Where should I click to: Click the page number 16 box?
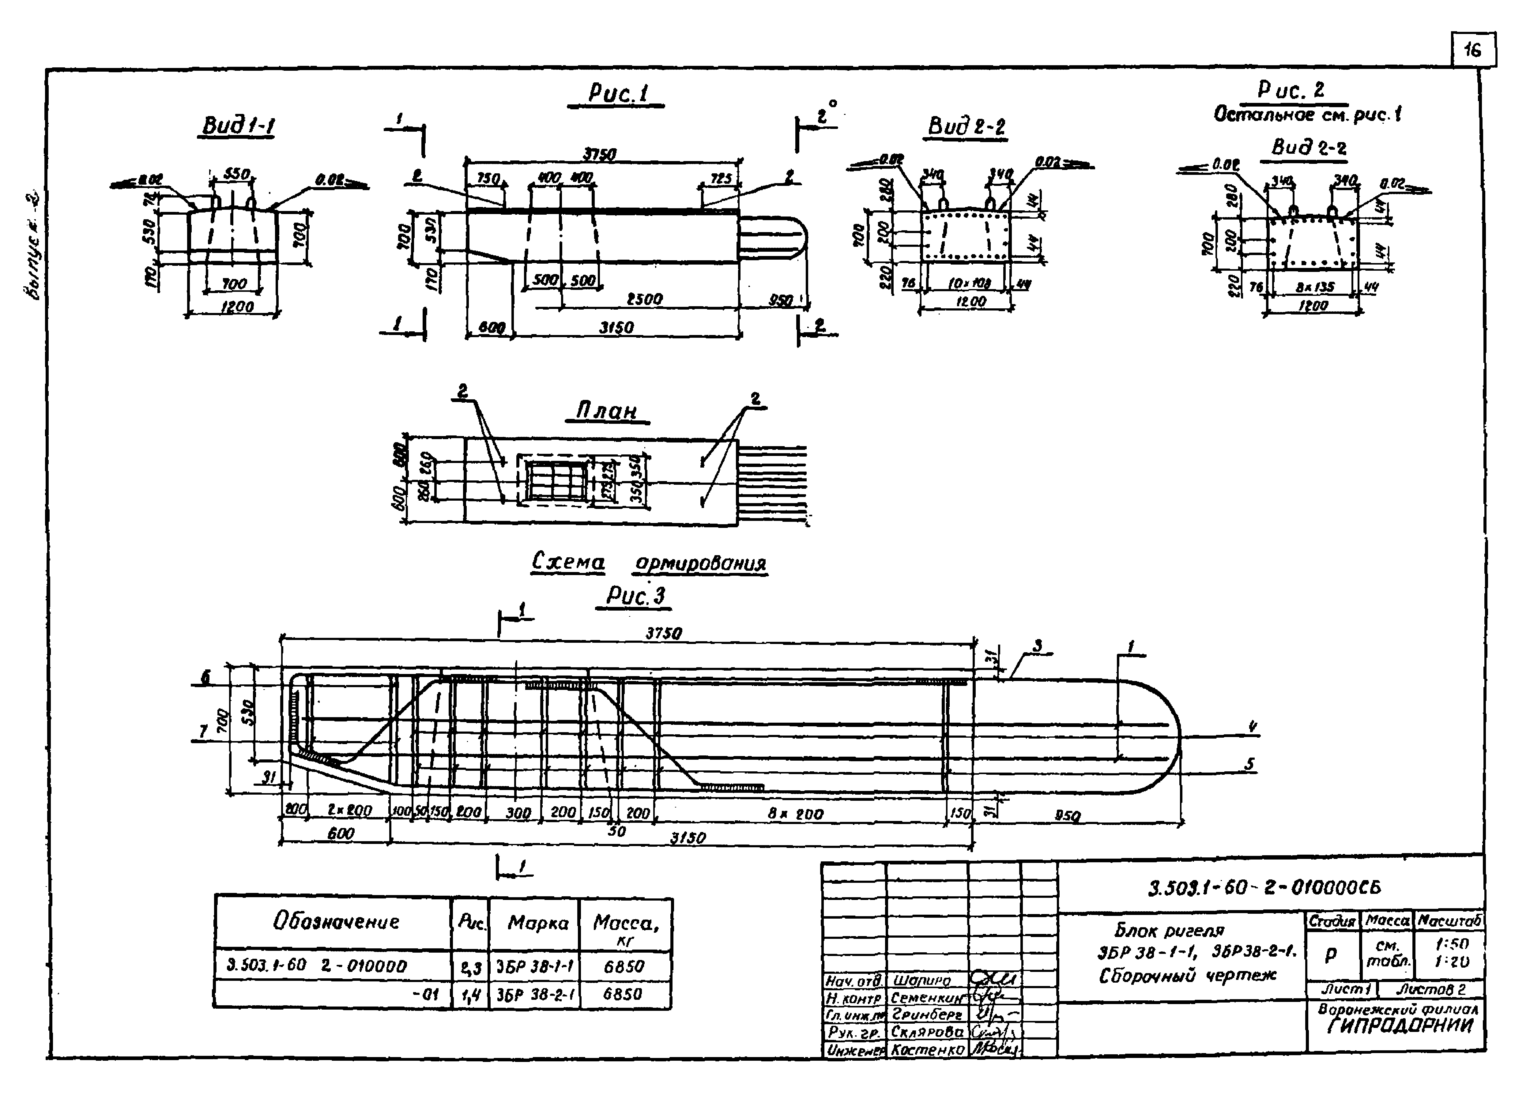1473,50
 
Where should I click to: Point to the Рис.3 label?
635,596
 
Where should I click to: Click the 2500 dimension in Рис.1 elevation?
644,299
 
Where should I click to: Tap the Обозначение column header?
335,922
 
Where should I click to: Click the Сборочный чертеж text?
1187,976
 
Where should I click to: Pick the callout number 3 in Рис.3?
1037,646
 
